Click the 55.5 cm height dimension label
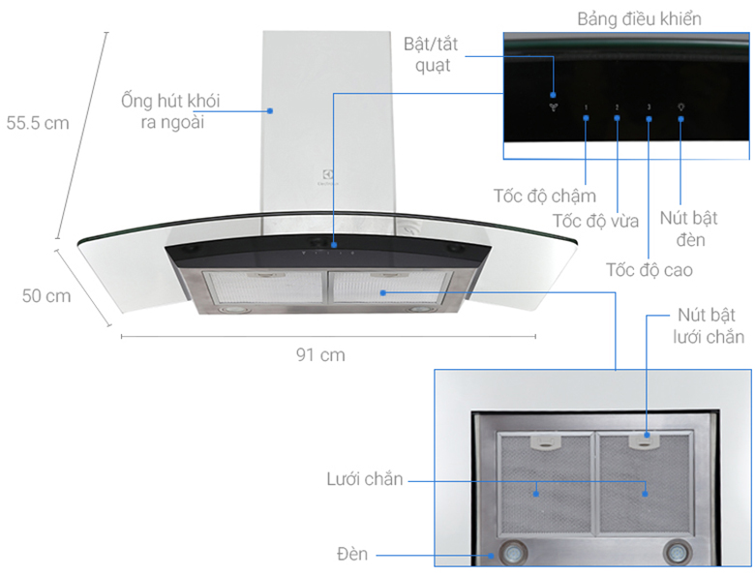pyautogui.click(x=38, y=123)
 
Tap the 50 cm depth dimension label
pyautogui.click(x=46, y=296)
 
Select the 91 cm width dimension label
pyautogui.click(x=320, y=355)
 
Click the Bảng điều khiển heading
pyautogui.click(x=639, y=18)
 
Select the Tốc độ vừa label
pyautogui.click(x=595, y=221)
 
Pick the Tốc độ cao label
pyautogui.click(x=649, y=268)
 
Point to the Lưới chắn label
pyautogui.click(x=364, y=479)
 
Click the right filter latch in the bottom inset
pyautogui.click(x=644, y=441)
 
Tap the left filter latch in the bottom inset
pyautogui.click(x=548, y=441)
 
